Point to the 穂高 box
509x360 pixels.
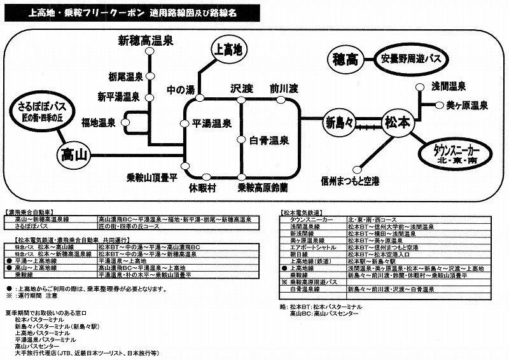346,60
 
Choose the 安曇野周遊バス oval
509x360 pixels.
411,60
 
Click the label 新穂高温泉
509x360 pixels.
146,41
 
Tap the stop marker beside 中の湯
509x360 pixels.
200,99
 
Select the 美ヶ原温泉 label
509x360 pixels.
467,105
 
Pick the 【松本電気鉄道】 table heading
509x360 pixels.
305,211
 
